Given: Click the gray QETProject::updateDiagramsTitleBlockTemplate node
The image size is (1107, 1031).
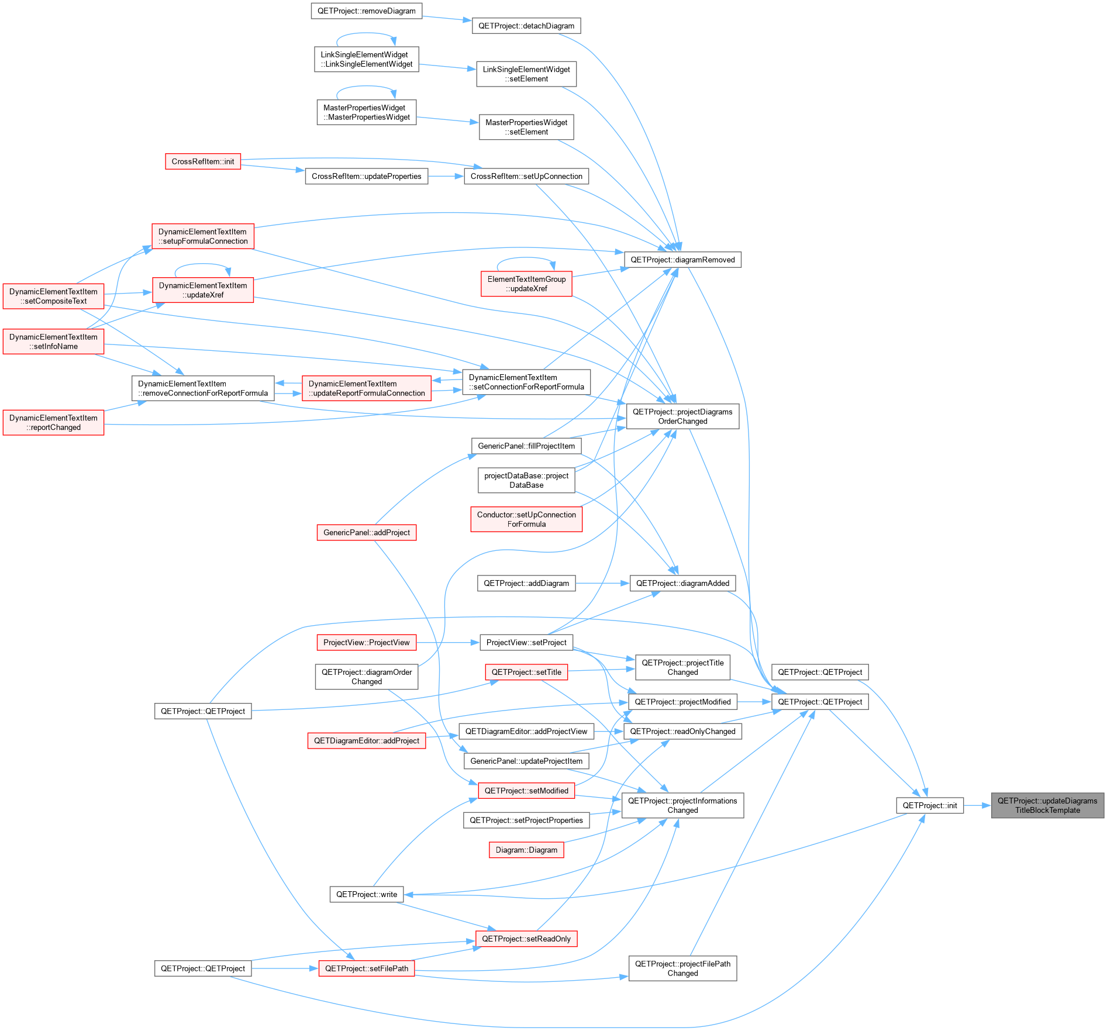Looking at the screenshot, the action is coord(1047,805).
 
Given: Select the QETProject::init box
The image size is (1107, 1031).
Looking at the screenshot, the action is coord(930,805).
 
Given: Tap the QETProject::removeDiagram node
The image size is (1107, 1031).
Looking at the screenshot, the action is coord(367,11).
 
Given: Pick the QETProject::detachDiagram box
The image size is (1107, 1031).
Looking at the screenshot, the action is coord(526,26).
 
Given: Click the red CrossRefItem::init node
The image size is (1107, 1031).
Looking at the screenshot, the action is coord(203,161).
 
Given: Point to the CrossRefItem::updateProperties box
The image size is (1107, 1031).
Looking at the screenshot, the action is coord(367,176).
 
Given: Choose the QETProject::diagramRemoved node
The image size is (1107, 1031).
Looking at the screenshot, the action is coord(682,260).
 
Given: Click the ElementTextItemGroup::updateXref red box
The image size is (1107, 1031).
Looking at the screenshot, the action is coord(526,284).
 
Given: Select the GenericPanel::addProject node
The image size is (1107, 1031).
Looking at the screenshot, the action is coord(367,532).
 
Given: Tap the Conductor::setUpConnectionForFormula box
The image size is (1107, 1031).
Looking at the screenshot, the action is coord(526,519).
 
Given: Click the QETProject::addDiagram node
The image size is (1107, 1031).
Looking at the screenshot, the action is coord(526,583).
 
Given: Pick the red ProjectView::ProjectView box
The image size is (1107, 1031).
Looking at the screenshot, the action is coord(367,642).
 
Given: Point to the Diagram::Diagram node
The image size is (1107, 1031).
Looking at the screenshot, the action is coord(526,850).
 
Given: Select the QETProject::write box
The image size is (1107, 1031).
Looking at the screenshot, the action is coord(367,894).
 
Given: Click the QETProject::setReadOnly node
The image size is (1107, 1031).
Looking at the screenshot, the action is coord(526,939).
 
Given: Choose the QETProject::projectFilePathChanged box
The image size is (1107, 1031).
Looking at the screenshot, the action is coord(682,968).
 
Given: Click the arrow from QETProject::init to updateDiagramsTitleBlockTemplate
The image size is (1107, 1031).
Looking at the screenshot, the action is coord(977,805).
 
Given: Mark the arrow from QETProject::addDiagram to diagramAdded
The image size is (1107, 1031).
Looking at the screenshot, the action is coord(602,583).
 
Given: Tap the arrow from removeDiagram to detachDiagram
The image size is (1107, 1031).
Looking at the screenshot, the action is coord(447,18).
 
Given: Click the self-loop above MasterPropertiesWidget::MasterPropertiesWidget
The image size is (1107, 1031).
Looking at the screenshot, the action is coord(366,87).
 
